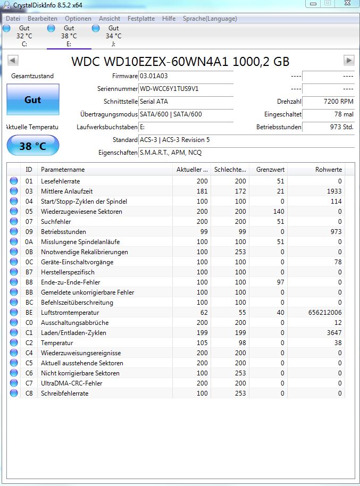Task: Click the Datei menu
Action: (x=13, y=19)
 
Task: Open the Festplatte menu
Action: (x=141, y=19)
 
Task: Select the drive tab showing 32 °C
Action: (x=24, y=36)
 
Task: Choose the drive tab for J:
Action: (x=113, y=36)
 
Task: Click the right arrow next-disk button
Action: (x=349, y=60)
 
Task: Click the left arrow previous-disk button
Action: (x=13, y=60)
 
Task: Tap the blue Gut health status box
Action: (x=32, y=100)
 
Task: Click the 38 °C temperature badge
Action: (x=32, y=146)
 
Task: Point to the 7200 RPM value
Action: (x=338, y=102)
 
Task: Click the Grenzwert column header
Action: (x=270, y=170)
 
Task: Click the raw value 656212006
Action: (x=325, y=313)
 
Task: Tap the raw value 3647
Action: (x=333, y=333)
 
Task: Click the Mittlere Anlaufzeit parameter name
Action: (x=66, y=191)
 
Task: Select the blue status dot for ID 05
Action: (x=13, y=212)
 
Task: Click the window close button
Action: (x=346, y=4)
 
